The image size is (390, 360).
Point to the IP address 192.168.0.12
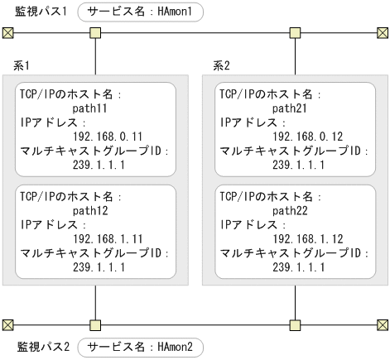click(x=305, y=135)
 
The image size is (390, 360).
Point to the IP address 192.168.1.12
click(x=305, y=239)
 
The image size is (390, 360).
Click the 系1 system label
click(x=22, y=65)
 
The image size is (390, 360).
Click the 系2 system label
click(x=221, y=65)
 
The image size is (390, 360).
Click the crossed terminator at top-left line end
click(x=7, y=33)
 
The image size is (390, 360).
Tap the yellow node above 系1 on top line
click(x=96, y=33)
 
